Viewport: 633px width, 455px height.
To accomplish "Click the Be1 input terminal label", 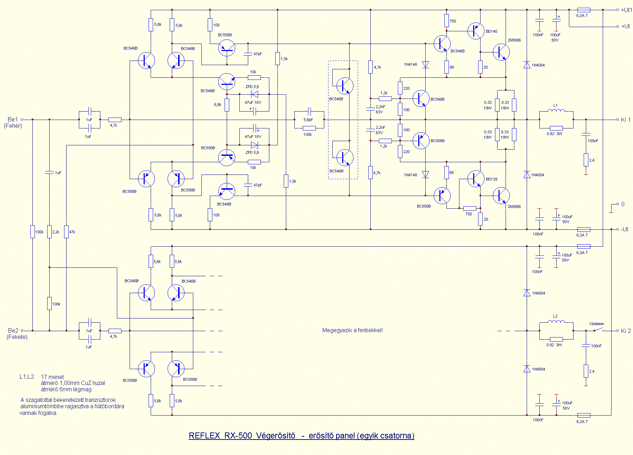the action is [13, 119].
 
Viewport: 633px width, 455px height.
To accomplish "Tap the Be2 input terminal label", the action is [13, 330].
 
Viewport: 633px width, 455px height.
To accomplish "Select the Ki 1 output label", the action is [626, 120].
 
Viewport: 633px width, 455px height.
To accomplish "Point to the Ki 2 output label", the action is [626, 331].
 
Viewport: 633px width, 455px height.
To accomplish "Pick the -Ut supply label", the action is [625, 229].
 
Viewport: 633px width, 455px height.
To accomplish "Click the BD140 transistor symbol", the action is [476, 31].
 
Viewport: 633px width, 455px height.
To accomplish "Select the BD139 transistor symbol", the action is [476, 179].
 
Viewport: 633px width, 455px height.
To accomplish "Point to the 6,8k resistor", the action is [227, 105].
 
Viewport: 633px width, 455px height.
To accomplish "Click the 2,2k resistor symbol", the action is [49, 232].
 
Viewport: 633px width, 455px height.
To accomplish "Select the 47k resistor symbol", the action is [66, 232].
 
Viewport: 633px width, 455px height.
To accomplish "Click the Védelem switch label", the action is [596, 324].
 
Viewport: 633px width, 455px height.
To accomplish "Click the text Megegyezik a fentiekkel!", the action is [352, 330].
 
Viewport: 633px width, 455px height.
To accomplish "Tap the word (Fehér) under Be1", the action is [13, 126].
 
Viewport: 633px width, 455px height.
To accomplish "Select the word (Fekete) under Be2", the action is [17, 337].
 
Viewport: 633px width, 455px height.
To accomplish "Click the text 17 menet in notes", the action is [52, 377].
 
